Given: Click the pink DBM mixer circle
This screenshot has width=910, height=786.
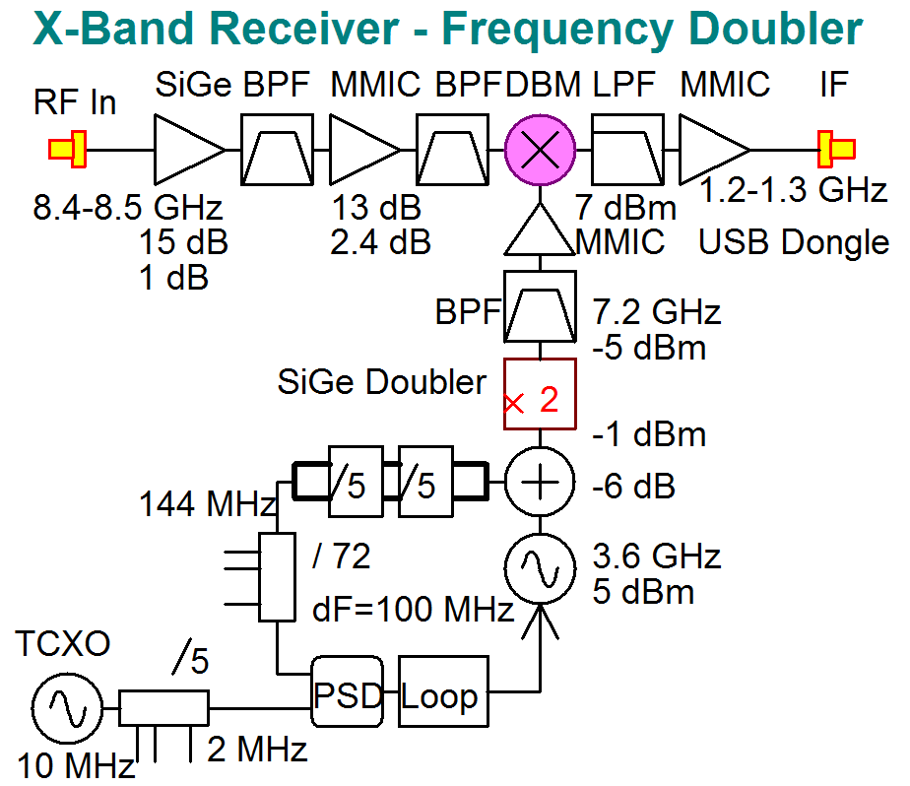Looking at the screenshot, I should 540,150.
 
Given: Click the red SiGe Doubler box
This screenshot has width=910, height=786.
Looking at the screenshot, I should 540,394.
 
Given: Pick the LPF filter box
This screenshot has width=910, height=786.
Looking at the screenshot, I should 627,150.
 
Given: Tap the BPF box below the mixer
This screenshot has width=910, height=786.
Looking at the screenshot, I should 540,306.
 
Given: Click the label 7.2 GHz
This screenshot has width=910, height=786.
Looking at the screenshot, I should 657,313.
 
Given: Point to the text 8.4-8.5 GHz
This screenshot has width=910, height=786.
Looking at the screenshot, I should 128,210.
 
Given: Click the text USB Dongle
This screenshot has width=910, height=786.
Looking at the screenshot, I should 794,241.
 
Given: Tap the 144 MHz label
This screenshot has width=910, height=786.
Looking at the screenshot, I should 206,505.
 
